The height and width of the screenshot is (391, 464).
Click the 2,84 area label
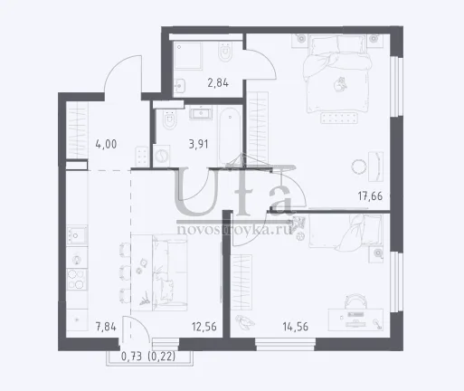point(218,82)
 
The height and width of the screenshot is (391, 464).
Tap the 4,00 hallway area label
point(106,144)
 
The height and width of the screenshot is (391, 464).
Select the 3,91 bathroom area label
point(198,144)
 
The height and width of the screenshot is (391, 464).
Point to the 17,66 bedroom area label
point(370,196)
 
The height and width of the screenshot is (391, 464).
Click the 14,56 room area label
point(296,327)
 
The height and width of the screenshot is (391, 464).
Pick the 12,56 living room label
point(204,327)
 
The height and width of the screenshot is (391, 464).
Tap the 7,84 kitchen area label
point(106,327)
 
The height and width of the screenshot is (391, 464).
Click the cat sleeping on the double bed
point(340,84)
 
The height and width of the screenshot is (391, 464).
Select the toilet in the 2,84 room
point(224,52)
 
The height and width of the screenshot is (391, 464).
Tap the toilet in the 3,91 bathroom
point(169,120)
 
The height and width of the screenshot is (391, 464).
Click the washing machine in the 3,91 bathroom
point(161,156)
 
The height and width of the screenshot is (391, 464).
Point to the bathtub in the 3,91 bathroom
point(230,135)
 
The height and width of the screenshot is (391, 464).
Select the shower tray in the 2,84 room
point(188,56)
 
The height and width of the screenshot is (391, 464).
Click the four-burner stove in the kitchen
point(77,279)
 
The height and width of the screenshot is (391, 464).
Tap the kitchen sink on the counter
point(77,234)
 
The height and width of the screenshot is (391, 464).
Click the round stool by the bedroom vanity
point(358,167)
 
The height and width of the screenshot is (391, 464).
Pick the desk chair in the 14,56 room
point(355,300)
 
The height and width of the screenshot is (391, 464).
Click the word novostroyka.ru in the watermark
point(234,230)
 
